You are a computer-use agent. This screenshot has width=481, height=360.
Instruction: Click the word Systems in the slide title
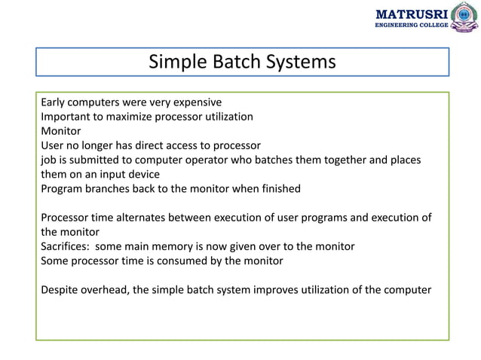click(x=299, y=62)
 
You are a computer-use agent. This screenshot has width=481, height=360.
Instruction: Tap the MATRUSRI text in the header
click(x=411, y=13)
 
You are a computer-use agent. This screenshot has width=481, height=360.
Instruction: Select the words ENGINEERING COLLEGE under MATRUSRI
click(x=411, y=26)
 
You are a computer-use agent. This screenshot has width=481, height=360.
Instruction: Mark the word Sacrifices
click(x=66, y=246)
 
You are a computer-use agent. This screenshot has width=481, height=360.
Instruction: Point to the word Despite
click(x=61, y=290)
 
